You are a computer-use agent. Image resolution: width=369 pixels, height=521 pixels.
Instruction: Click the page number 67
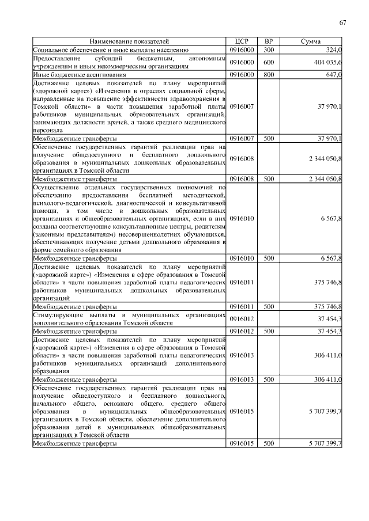coord(342,22)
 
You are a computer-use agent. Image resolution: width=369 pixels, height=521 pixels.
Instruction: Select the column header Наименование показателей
coord(129,42)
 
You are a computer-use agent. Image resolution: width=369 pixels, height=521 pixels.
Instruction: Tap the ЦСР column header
coord(242,42)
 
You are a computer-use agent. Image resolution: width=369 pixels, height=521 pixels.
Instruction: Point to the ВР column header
coord(269,42)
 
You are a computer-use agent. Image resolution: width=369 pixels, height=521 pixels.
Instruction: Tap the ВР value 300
coord(269,50)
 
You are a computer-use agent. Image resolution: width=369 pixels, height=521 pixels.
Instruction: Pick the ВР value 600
coord(269,62)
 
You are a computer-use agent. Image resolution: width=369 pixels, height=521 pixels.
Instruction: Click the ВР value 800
coord(269,74)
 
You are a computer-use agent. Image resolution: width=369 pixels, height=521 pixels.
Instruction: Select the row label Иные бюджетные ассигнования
coord(71,74)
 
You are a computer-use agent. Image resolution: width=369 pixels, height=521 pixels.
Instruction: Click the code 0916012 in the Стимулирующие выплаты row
coord(242,319)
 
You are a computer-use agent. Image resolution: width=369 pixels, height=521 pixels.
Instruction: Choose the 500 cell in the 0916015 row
coord(269,444)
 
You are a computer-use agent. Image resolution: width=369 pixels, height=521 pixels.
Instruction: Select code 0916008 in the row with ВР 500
coord(242,179)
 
